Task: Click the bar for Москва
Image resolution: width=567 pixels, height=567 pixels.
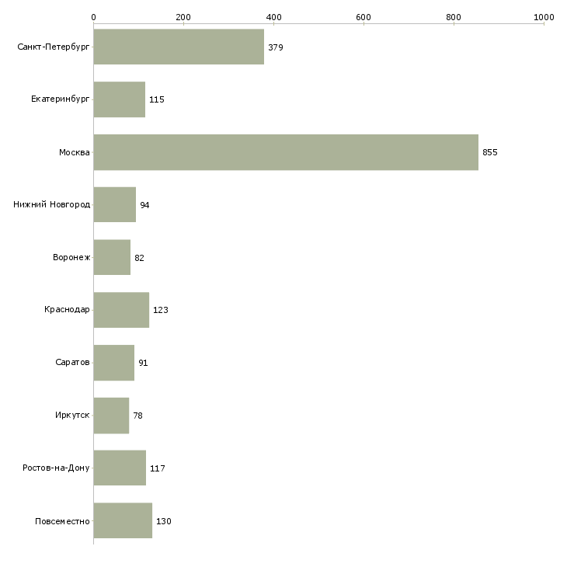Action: click(286, 152)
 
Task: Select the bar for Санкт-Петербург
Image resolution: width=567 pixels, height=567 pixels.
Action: click(179, 47)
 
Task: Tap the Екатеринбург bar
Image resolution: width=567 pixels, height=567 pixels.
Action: click(120, 99)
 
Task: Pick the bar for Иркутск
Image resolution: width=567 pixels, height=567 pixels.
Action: click(111, 416)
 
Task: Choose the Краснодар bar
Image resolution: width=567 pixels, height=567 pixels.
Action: click(121, 310)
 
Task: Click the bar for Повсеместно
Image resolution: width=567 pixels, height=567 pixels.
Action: click(123, 520)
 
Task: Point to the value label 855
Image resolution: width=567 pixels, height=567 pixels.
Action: click(490, 152)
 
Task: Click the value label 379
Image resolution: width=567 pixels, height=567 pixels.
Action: click(276, 47)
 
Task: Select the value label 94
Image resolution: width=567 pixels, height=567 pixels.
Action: click(144, 205)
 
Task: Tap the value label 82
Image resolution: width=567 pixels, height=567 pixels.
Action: click(140, 258)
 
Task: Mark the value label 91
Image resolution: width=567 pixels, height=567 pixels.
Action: click(144, 363)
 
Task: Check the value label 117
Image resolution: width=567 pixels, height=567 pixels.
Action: click(158, 468)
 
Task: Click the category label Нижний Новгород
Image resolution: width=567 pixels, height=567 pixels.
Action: click(52, 205)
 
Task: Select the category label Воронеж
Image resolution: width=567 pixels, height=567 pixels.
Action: click(71, 258)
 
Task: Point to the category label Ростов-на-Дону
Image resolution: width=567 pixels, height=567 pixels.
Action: click(56, 468)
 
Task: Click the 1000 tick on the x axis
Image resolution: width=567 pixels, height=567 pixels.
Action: click(544, 16)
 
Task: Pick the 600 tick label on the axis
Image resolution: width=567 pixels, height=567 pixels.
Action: click(364, 16)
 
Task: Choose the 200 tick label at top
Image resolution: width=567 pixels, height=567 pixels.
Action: click(183, 16)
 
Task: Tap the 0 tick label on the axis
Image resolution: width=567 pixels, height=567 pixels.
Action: click(93, 16)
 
